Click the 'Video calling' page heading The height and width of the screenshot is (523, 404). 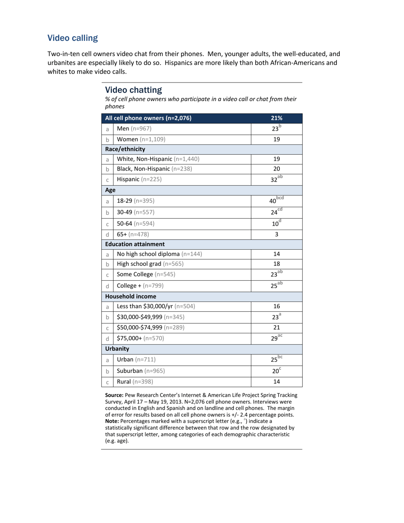[73, 38]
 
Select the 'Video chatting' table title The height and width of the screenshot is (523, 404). [134, 90]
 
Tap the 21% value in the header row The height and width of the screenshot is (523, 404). [276, 118]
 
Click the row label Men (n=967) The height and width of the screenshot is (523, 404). [134, 129]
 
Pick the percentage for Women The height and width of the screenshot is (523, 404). [276, 139]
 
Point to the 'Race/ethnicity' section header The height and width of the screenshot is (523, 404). [125, 149]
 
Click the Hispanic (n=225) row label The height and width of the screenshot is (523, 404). [139, 179]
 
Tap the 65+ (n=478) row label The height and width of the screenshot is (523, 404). [133, 234]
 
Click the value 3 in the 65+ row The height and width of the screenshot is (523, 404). [276, 234]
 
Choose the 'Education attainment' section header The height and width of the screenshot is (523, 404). [135, 244]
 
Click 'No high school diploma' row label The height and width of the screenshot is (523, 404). [159, 254]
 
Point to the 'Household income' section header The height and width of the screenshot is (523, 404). [131, 296]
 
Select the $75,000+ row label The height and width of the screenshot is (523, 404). [140, 338]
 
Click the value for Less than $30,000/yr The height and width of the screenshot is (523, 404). [276, 306]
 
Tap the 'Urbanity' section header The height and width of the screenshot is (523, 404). [117, 349]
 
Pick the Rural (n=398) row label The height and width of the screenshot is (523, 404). [134, 382]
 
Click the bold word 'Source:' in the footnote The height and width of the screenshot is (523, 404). [114, 395]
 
